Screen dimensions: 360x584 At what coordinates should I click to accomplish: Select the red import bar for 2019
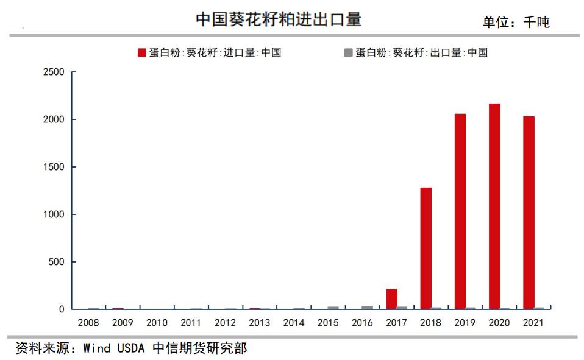460,211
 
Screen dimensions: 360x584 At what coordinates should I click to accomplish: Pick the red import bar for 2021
529,213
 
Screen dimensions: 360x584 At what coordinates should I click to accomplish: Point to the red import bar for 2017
392,298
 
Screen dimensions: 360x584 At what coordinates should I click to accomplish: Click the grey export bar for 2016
367,308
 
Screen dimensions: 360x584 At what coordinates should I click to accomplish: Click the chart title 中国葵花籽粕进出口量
279,19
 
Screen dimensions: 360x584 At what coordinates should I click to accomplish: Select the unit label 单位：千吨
516,22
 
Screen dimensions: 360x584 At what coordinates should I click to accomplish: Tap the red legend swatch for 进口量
142,52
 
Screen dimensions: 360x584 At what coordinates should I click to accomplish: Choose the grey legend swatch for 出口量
349,52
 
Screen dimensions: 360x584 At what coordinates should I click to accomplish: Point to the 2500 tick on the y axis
54,72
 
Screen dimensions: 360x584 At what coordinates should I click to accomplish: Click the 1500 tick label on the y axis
54,167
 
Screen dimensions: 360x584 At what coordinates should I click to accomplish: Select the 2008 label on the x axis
89,322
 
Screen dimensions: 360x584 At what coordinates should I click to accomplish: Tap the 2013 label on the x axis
260,322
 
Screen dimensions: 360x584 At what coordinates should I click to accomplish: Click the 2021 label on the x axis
533,322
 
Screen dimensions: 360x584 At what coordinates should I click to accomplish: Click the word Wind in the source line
96,348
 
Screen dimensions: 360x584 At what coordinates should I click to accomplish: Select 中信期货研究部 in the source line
199,348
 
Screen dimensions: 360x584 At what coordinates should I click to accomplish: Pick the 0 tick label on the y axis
61,309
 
